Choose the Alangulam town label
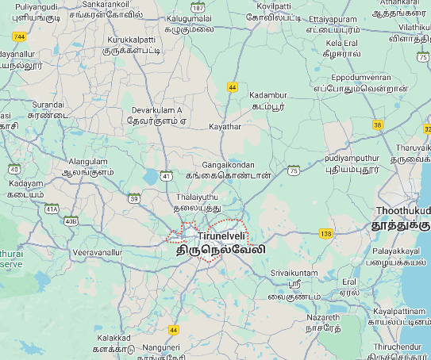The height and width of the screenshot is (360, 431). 87,159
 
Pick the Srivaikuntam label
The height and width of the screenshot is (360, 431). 294,273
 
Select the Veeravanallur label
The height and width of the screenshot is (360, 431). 97,252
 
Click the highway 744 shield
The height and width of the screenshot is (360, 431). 20,36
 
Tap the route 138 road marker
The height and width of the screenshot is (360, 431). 325,233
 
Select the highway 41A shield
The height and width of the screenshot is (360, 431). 52,209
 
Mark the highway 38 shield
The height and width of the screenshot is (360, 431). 378,125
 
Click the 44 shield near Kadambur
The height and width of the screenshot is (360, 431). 233,87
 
